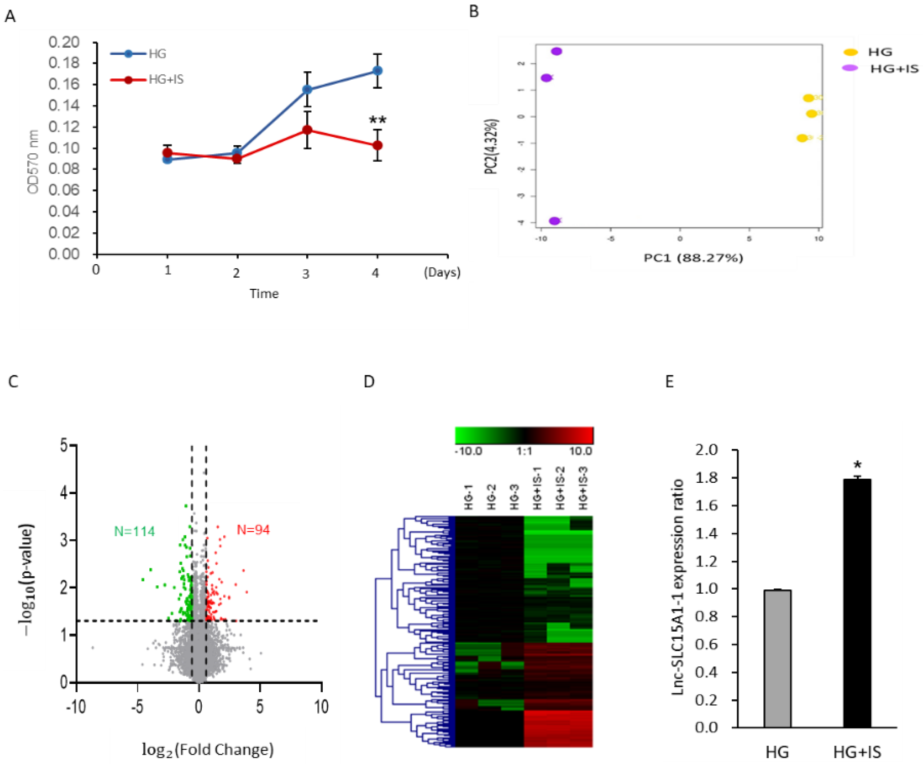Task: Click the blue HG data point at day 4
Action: point(377,71)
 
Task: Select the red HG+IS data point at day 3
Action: point(307,130)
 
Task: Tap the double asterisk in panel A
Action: point(378,120)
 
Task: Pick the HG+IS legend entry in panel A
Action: point(166,80)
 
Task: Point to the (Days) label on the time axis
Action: point(442,272)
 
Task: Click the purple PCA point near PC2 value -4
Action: point(555,221)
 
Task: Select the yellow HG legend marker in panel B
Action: point(850,52)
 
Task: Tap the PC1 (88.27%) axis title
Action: point(693,257)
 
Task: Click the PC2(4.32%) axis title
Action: point(491,146)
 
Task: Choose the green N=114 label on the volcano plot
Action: point(134,531)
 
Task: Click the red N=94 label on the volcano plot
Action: point(253,530)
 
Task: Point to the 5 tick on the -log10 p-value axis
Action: point(64,446)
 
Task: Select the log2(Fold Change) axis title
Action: point(207,749)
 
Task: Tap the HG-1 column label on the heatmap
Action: point(468,497)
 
